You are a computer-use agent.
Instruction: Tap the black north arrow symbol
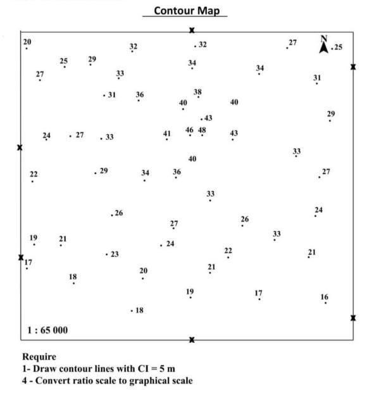(x=323, y=47)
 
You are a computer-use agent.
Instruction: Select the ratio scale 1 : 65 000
(x=47, y=330)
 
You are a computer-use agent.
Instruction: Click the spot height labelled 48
(x=202, y=130)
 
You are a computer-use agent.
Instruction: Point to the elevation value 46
(x=189, y=130)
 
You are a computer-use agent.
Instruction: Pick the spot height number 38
(x=197, y=92)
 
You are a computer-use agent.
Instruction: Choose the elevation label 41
(x=166, y=134)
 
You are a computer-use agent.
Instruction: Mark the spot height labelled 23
(x=114, y=254)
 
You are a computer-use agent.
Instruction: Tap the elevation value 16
(x=324, y=297)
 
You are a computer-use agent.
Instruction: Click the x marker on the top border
(x=192, y=30)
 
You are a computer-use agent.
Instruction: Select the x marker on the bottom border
(x=192, y=340)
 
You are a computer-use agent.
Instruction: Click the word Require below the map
(x=39, y=357)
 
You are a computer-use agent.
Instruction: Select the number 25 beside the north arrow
(x=338, y=47)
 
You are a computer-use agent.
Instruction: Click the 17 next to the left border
(x=28, y=262)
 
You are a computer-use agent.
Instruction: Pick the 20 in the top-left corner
(x=27, y=42)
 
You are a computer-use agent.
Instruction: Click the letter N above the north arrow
(x=323, y=38)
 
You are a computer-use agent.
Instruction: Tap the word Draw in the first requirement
(x=44, y=368)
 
